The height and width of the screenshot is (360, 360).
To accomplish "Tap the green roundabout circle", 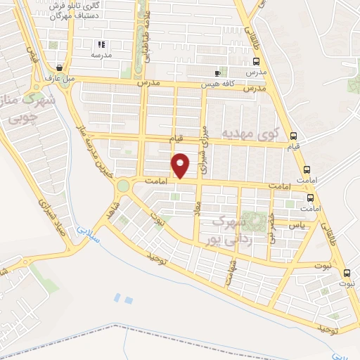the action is click(124, 186).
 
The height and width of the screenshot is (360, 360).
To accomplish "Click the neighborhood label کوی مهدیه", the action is click(251, 133).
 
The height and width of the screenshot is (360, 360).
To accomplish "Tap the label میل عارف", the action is click(60, 79).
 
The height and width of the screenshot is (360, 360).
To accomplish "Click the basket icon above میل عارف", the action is click(60, 68).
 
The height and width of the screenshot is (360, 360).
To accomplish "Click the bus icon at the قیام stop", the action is click(294, 136).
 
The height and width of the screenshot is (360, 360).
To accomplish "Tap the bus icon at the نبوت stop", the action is click(346, 273).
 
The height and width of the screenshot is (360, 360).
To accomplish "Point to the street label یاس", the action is click(297, 225).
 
